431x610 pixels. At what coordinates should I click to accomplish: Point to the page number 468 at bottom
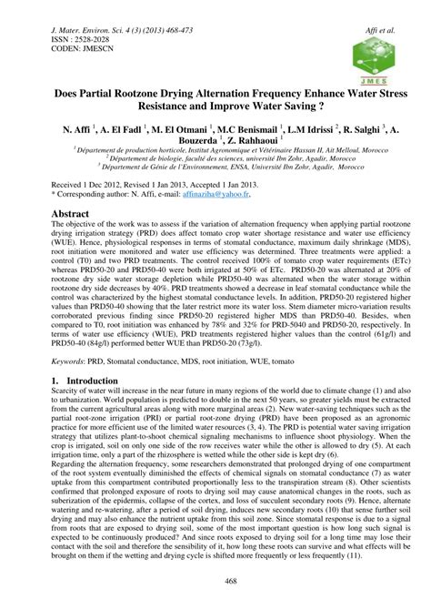pyautogui.click(x=215, y=582)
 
